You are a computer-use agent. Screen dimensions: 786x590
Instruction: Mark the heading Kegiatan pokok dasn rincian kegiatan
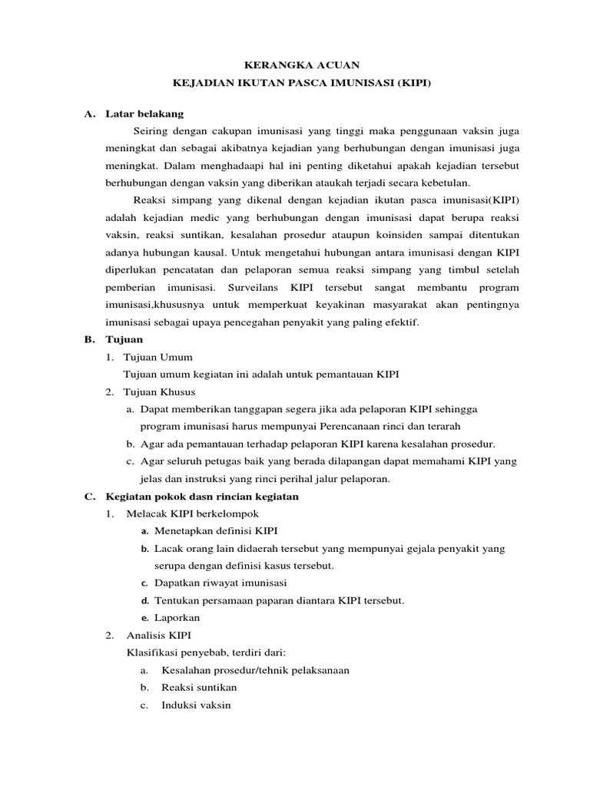202,496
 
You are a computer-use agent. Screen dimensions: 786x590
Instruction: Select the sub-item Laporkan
177,617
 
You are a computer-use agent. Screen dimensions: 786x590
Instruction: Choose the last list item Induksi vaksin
195,705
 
